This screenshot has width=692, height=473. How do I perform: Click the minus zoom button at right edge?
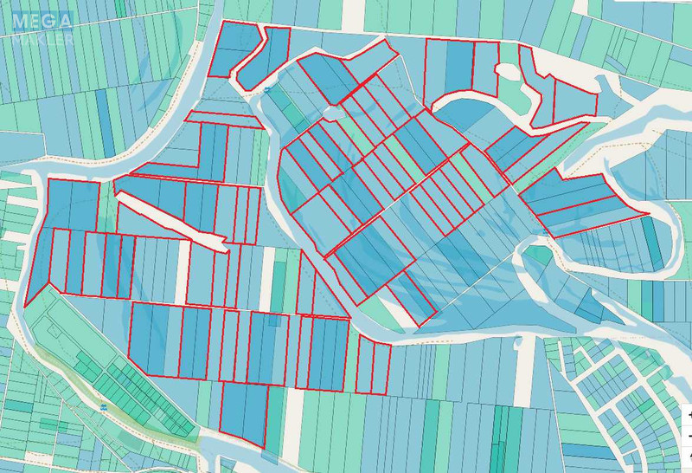click(689, 435)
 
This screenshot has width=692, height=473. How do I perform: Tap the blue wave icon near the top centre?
click(268, 90)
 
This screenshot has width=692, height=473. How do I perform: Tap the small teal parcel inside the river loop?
click(538, 256)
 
